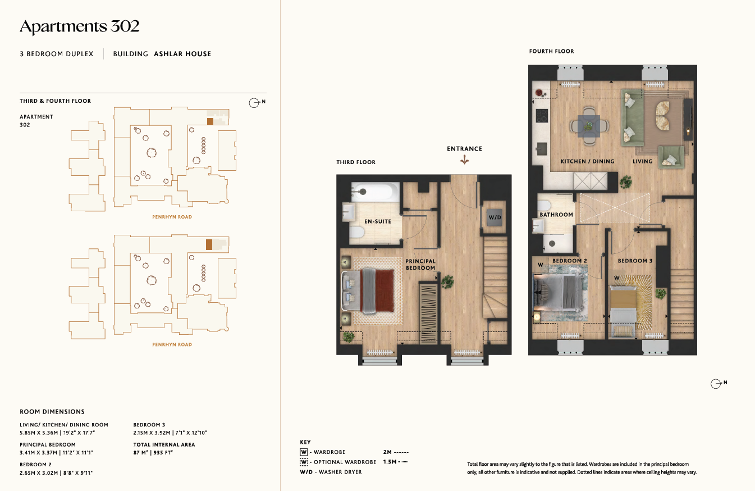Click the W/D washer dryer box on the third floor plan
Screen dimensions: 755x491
(x=495, y=217)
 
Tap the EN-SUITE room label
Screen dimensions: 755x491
(x=377, y=221)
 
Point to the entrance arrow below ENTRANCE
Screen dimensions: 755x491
(x=464, y=160)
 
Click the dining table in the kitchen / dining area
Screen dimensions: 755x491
(x=588, y=126)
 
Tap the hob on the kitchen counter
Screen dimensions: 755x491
(x=542, y=116)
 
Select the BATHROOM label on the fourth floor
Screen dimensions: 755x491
(x=556, y=215)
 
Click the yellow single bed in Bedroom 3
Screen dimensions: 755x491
(x=623, y=311)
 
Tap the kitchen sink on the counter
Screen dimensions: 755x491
(x=542, y=148)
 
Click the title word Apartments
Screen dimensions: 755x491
(x=63, y=26)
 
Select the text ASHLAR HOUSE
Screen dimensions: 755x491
(x=182, y=54)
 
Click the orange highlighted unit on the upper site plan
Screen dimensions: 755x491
(x=210, y=121)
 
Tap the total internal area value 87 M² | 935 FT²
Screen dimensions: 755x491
(x=153, y=453)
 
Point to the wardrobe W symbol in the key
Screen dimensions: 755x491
(x=304, y=452)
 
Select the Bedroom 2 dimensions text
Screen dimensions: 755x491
(x=56, y=473)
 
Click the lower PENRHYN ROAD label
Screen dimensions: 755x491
(x=172, y=344)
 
